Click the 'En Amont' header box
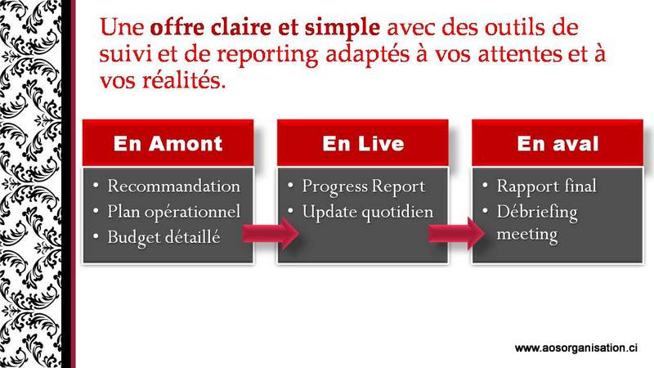pyautogui.click(x=168, y=142)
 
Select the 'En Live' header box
pyautogui.click(x=363, y=142)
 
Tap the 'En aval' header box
pyautogui.click(x=558, y=142)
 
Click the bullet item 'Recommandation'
pyautogui.click(x=173, y=186)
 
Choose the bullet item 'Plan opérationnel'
pyautogui.click(x=174, y=212)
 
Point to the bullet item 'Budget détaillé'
pyautogui.click(x=163, y=237)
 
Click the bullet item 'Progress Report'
pyautogui.click(x=363, y=186)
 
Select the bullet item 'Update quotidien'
pyautogui.click(x=367, y=212)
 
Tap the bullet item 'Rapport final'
pyautogui.click(x=546, y=186)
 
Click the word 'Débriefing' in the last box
pyautogui.click(x=537, y=212)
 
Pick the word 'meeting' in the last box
pyautogui.click(x=527, y=235)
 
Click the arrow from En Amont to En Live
pyautogui.click(x=271, y=233)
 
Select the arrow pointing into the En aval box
pyautogui.click(x=456, y=233)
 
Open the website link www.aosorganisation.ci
pyautogui.click(x=576, y=348)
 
